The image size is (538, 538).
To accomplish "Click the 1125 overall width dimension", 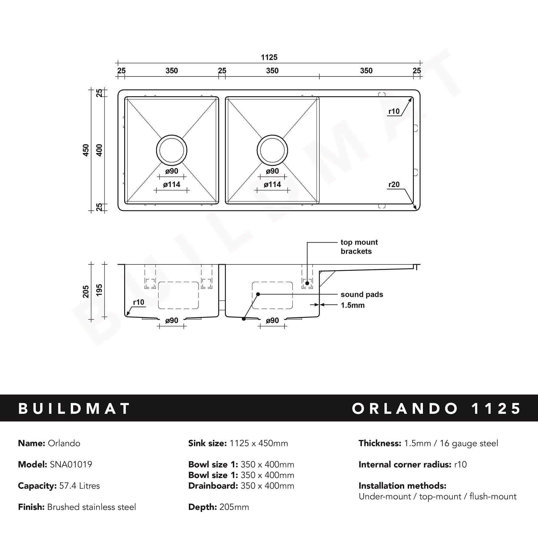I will coord(269,57).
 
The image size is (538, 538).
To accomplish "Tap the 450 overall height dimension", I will coord(86,150).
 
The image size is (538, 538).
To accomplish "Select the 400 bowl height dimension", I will coord(99,150).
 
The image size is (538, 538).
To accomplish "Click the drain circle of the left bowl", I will coord(172,150).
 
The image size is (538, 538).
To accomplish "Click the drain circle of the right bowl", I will coord(272,150).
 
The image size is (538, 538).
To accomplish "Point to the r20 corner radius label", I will coord(394,184).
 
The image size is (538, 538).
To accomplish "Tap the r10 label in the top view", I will coord(394,111).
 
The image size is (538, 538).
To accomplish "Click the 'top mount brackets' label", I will coord(359,247).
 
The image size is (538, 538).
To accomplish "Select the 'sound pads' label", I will coord(362,294).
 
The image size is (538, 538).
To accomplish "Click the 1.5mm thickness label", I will coord(352,305).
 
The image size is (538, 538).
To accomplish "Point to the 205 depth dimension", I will coord(86,291).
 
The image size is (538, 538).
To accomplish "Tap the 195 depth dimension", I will coord(99,290).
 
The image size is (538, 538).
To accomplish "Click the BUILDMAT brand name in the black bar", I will coord(74,408).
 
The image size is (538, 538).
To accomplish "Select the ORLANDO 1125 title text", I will coord(436,408).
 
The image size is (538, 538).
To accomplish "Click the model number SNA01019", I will coord(71,465).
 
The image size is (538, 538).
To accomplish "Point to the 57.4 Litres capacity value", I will coord(80,486).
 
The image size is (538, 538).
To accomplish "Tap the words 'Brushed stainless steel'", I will coord(91,507).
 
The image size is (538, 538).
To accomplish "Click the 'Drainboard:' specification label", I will coord(213,486).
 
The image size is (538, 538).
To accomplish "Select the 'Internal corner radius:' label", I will coord(405,465).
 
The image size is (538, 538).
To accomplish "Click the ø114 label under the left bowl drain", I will coord(172,184).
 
